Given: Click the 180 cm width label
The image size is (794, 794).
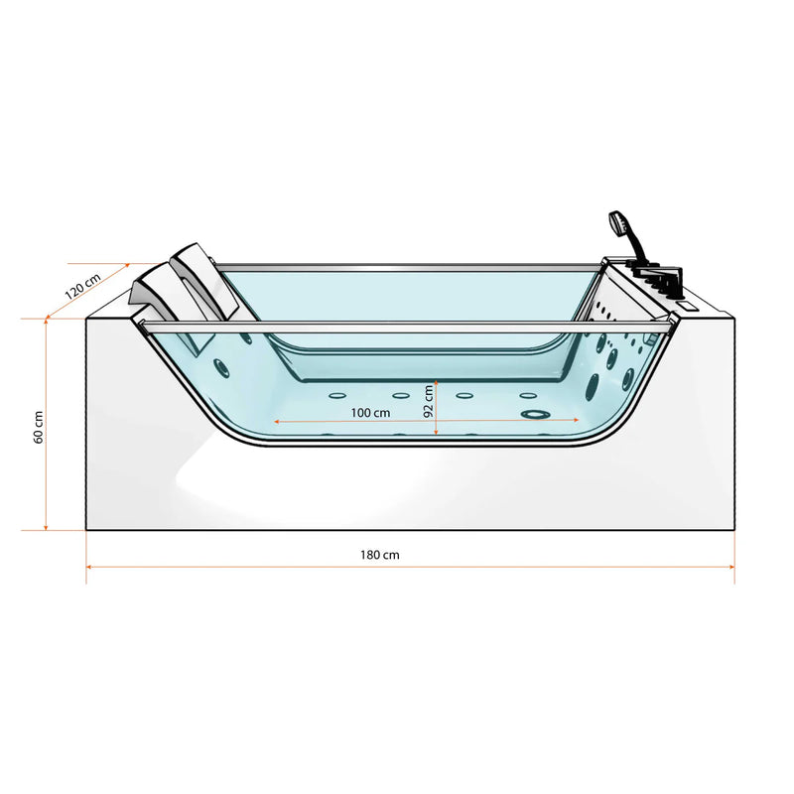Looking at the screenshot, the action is tap(380, 555).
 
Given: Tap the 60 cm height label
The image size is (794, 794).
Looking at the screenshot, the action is tap(39, 428).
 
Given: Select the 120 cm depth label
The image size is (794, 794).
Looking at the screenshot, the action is tap(82, 287).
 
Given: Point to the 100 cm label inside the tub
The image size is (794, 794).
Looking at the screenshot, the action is tap(370, 413).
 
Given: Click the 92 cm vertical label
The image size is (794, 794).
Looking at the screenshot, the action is tap(429, 401).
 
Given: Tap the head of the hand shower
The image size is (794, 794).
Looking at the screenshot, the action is tap(617, 222).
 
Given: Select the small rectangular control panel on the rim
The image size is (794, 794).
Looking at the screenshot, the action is tap(689, 306).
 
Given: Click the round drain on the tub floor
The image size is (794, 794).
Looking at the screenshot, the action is tap(535, 414).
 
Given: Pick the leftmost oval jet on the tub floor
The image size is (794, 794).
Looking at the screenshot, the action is tap(337, 395).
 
